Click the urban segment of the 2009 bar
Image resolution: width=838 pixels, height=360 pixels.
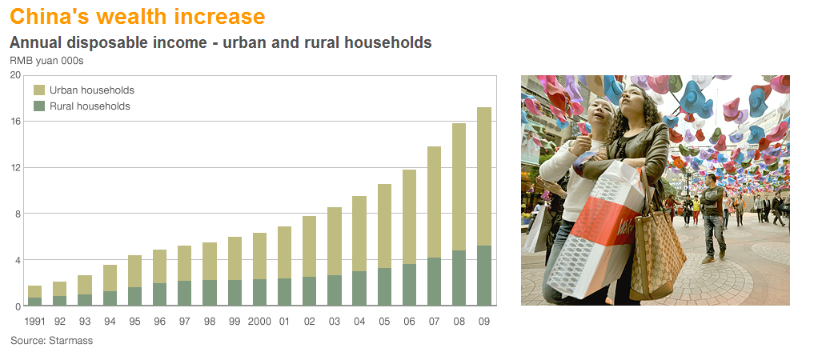pos(483,176)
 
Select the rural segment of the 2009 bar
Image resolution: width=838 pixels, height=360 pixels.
pos(483,276)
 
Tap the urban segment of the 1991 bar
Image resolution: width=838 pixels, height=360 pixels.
pos(34,292)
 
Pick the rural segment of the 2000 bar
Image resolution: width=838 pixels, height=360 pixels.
pos(259,292)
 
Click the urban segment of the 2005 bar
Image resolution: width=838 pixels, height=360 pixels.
pos(384,226)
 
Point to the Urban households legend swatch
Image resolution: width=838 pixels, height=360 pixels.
pos(39,90)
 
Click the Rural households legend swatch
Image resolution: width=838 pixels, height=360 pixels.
pos(39,106)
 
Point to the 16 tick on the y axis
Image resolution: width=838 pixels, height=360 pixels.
pos(16,122)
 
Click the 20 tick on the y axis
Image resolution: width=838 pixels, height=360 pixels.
pos(15,75)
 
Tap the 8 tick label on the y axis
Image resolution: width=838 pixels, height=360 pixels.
pos(18,214)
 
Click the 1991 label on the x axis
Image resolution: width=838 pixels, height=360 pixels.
pos(34,322)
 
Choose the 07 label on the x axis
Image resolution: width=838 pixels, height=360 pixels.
pos(434,322)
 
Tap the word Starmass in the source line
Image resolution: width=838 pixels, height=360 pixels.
pos(70,340)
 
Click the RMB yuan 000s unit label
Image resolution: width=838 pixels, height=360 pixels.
pos(47,61)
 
